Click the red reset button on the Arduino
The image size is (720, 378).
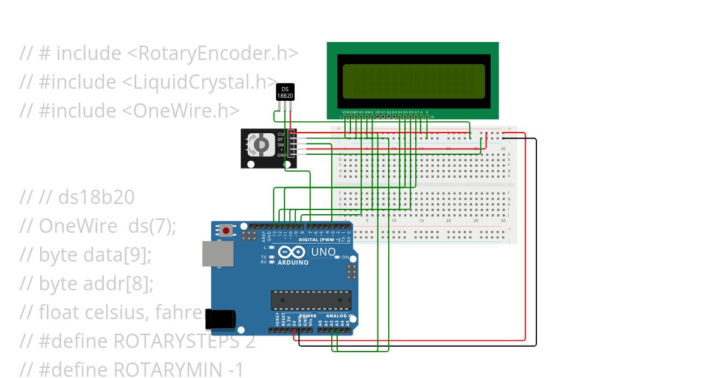click(226, 230)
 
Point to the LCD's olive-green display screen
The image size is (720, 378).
click(413, 81)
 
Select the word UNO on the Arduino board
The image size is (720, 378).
click(323, 253)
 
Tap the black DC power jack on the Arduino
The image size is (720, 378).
click(217, 319)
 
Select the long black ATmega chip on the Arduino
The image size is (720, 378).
click(311, 300)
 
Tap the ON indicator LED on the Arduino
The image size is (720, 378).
click(338, 257)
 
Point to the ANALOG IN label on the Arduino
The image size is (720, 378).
click(339, 316)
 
